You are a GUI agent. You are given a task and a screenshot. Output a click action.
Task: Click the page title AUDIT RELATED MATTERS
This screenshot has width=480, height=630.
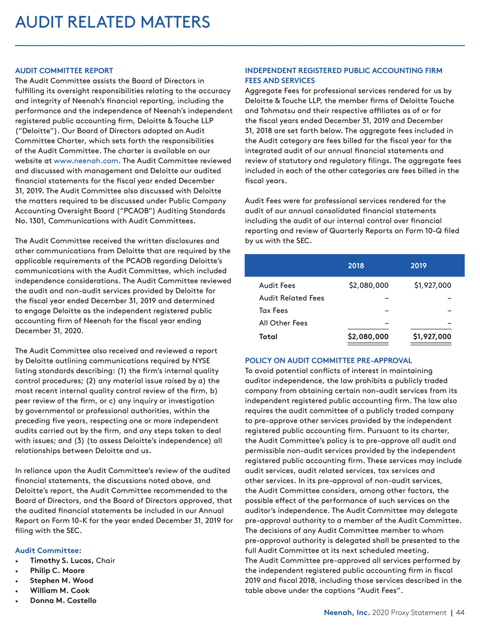[113, 22]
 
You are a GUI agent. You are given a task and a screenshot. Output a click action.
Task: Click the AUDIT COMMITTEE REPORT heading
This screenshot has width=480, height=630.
[64, 71]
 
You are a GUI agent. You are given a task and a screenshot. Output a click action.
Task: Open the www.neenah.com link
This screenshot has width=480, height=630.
[86, 161]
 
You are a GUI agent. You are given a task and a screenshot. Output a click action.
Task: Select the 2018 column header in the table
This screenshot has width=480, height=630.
[356, 266]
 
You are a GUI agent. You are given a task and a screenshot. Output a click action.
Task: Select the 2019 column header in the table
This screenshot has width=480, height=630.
[418, 266]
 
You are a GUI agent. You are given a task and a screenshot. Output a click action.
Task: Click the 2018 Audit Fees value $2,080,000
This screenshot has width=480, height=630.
[368, 285]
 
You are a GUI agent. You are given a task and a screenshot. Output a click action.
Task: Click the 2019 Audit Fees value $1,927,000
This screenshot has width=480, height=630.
[432, 285]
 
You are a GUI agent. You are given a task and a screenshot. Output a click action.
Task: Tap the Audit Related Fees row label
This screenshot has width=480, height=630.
[291, 298]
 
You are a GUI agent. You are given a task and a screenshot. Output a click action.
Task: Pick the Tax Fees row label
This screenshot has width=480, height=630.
[273, 311]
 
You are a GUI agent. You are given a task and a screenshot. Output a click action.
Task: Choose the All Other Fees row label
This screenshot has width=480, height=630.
[283, 323]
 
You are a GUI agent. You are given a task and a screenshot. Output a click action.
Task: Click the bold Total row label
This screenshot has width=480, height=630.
[268, 336]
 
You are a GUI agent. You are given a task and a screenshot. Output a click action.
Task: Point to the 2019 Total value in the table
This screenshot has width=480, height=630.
[432, 336]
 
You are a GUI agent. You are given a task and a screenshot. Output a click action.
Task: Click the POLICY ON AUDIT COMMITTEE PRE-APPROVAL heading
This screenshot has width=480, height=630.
[328, 360]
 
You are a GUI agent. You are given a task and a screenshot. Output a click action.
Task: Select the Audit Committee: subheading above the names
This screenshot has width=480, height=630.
[48, 551]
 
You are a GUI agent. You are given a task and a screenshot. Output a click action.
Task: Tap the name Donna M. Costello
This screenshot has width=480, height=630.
[63, 600]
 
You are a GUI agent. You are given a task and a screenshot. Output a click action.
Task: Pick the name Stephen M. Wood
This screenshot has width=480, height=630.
[62, 581]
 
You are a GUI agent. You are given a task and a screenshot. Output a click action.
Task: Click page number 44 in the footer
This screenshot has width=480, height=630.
[460, 613]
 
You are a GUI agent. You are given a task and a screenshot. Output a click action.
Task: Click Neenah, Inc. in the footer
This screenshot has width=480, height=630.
[347, 613]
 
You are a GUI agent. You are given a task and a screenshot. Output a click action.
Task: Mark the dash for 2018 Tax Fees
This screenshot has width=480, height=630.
[386, 311]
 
